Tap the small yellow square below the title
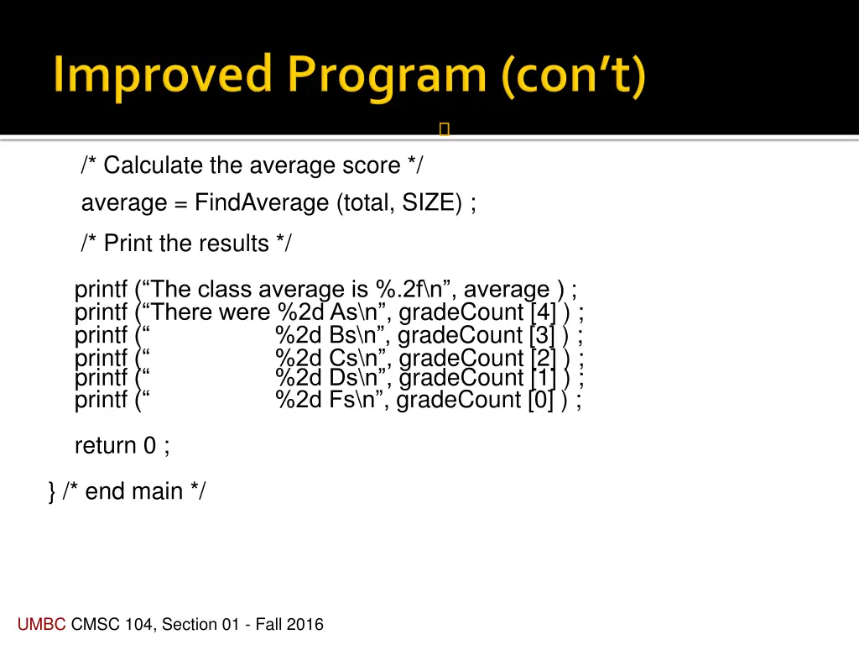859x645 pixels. click(445, 129)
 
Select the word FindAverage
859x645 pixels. click(262, 203)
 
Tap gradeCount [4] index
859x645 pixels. click(544, 312)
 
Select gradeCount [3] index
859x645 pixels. click(543, 335)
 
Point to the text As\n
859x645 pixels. click(355, 312)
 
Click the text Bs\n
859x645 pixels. click(355, 335)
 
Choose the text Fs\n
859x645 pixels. click(355, 400)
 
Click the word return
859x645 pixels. click(105, 446)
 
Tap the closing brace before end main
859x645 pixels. click(52, 491)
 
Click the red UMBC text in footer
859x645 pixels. click(41, 624)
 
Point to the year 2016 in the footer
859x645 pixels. click(305, 624)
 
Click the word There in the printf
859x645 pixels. click(184, 312)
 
